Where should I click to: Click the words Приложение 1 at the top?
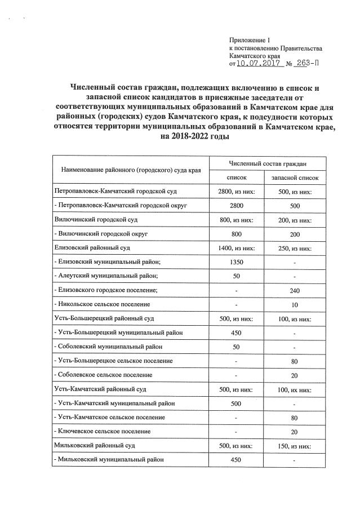(x=250, y=40)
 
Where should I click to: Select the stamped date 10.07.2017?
(x=261, y=65)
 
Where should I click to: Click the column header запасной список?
(x=295, y=178)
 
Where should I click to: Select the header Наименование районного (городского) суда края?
(x=131, y=170)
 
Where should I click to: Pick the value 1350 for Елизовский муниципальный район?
(x=237, y=261)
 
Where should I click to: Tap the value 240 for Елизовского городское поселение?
(x=295, y=290)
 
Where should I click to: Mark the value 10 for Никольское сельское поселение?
(x=295, y=304)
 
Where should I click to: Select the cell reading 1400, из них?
(x=237, y=247)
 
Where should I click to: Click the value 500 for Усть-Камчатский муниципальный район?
(x=237, y=403)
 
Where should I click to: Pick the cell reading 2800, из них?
(x=237, y=192)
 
